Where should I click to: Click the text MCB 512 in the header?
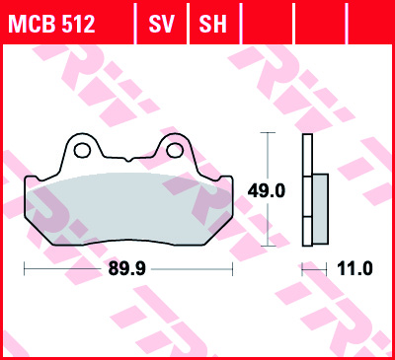[x=52, y=23]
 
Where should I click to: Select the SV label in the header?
[x=161, y=23]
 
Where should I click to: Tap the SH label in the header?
[x=212, y=23]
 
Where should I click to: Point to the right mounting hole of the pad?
[x=176, y=150]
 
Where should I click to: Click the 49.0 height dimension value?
[x=268, y=191]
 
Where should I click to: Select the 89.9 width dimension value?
[x=124, y=267]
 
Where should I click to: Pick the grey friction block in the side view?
[x=320, y=209]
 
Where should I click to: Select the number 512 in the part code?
[x=77, y=23]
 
